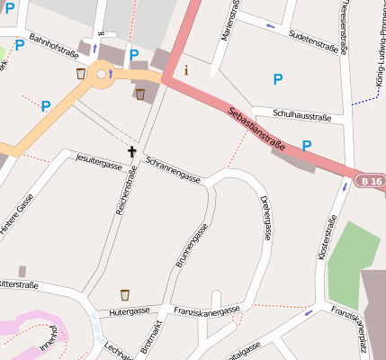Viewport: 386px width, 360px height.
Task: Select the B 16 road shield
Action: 367,181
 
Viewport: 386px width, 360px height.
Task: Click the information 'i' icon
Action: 186,68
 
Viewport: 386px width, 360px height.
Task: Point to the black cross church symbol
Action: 131,152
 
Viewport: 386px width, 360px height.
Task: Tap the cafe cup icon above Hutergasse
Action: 125,294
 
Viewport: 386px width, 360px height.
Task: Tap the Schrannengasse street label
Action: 173,168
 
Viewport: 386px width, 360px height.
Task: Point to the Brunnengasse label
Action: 184,247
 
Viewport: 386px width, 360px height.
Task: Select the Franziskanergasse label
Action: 207,309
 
